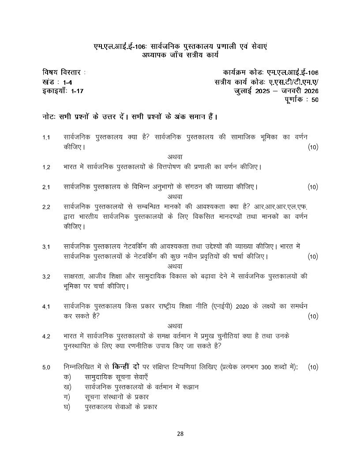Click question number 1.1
point(46,138)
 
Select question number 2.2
point(46,207)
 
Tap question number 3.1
point(46,247)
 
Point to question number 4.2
point(46,337)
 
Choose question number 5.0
point(46,368)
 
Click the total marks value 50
point(314,100)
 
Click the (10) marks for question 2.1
point(313,188)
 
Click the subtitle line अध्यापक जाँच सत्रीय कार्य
point(180,55)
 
